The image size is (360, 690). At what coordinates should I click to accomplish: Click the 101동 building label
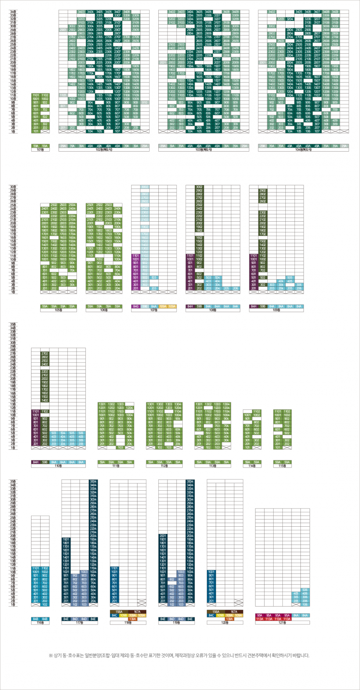tap(40, 150)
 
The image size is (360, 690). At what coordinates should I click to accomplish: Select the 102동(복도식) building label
tap(104, 150)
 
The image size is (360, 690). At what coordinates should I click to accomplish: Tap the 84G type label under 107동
tap(136, 306)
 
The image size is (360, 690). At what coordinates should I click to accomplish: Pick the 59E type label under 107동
tap(145, 306)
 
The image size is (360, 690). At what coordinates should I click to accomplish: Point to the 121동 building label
tap(282, 623)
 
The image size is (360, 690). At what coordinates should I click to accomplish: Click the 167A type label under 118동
tap(137, 612)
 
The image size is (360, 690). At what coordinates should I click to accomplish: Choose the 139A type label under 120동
tap(229, 619)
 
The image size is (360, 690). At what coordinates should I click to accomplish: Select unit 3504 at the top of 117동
tap(93, 481)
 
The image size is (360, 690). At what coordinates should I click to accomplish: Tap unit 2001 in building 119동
tap(163, 536)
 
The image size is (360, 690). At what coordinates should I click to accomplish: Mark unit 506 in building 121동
tap(305, 590)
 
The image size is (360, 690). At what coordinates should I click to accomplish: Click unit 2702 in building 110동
tap(45, 354)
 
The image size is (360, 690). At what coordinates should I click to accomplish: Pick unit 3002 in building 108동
tap(199, 187)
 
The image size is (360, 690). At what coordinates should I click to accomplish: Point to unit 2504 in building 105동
tap(72, 205)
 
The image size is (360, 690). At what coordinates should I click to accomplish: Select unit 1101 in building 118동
tap(114, 568)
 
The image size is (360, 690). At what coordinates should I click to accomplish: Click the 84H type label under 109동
tap(254, 306)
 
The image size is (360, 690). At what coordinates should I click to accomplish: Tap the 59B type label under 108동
tap(199, 306)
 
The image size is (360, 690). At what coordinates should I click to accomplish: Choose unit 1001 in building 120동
tap(211, 572)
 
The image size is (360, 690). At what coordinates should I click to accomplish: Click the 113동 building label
tap(213, 466)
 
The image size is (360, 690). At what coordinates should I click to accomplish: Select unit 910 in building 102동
tap(145, 102)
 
